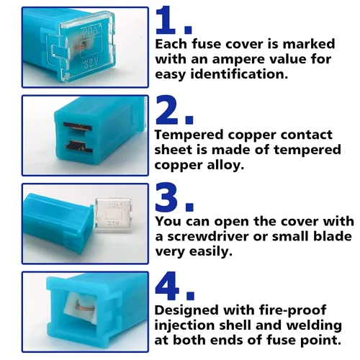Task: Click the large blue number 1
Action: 165,20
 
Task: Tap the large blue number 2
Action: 167,109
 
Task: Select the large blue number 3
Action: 167,197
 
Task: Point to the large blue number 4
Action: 167,286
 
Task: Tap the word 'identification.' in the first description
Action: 239,73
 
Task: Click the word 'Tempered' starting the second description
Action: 189,135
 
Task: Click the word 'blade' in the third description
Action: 334,236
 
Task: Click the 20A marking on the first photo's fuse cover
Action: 89,32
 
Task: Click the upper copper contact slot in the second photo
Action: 78,127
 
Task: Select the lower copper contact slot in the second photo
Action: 78,146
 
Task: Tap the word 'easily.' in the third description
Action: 211,251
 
